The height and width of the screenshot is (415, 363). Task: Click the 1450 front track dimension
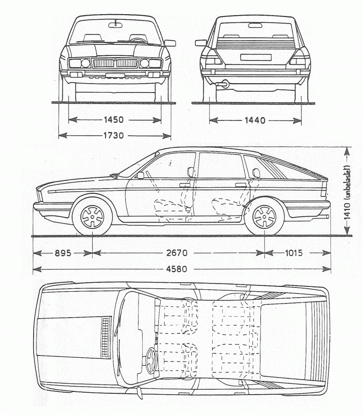[x=114, y=120]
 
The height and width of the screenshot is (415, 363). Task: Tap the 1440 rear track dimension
[x=255, y=120]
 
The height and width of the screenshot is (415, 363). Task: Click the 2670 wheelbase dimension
[x=177, y=253]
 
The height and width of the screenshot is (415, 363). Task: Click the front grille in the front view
[x=115, y=63]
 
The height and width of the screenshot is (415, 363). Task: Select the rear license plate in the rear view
[x=255, y=58]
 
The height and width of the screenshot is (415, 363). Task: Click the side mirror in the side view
[x=140, y=175]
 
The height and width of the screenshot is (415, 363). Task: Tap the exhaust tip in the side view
[x=327, y=216]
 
